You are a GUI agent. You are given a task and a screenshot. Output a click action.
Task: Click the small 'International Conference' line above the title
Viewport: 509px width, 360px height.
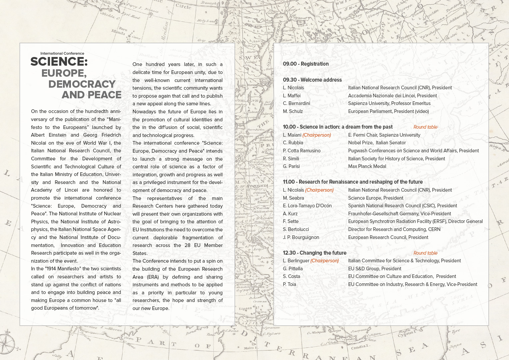pyautogui.click(x=62, y=53)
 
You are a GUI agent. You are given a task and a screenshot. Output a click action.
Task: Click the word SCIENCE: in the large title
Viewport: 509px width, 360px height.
pyautogui.click(x=59, y=62)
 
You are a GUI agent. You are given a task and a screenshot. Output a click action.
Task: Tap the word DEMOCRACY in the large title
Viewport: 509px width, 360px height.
pyautogui.click(x=82, y=84)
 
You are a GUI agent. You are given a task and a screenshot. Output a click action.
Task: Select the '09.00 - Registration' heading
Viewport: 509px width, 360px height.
pyautogui.click(x=306, y=64)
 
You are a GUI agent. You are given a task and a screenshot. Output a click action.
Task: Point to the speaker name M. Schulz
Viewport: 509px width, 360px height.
pyautogui.click(x=293, y=111)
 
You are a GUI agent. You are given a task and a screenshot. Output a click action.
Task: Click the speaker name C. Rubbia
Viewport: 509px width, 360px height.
pyautogui.click(x=293, y=143)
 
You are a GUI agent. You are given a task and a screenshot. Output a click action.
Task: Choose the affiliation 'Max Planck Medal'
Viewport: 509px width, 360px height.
pyautogui.click(x=367, y=166)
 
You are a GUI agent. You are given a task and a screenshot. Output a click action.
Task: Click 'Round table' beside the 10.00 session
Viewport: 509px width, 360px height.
pyautogui.click(x=425, y=127)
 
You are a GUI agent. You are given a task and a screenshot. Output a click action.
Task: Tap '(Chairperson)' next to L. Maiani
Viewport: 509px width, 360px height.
pyautogui.click(x=317, y=135)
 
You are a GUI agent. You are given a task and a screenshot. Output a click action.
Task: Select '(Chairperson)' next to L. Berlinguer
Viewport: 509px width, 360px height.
pyautogui.click(x=324, y=261)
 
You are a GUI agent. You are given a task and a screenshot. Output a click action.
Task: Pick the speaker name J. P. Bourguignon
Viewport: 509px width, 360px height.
pyautogui.click(x=301, y=237)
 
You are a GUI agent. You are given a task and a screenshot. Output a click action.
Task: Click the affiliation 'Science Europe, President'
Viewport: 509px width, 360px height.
pyautogui.click(x=375, y=198)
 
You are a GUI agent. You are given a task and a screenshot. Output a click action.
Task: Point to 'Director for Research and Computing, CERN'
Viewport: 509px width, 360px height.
pyautogui.click(x=394, y=229)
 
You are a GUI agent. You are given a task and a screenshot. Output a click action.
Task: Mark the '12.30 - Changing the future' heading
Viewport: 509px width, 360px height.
pyautogui.click(x=314, y=253)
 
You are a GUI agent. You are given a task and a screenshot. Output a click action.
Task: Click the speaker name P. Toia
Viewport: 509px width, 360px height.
pyautogui.click(x=289, y=284)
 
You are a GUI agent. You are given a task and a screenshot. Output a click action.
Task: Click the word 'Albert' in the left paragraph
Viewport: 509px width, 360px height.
pyautogui.click(x=38, y=135)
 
